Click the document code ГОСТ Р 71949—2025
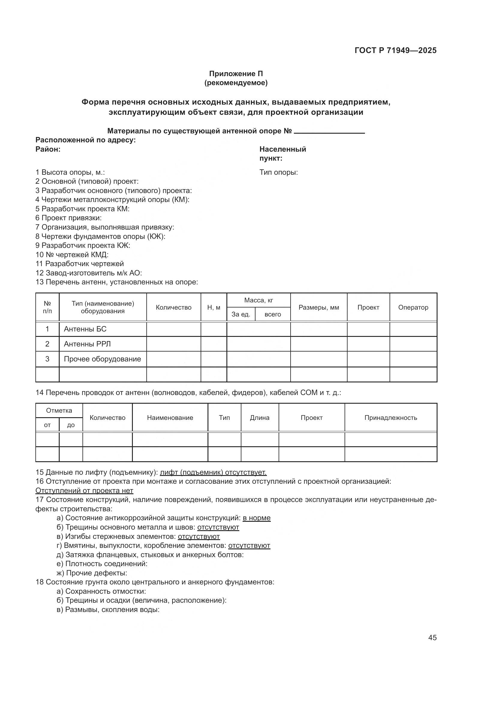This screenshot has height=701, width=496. click(x=396, y=50)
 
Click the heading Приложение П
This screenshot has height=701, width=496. click(x=236, y=74)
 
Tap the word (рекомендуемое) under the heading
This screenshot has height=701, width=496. click(x=236, y=83)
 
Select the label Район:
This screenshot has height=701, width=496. click(x=48, y=149)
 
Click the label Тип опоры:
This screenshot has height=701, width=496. click(x=279, y=173)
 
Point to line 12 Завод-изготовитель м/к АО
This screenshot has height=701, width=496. click(x=88, y=273)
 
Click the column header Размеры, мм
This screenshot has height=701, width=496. click(x=318, y=307)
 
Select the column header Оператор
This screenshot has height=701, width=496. click(x=413, y=307)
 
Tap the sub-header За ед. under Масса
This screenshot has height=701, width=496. click(x=241, y=314)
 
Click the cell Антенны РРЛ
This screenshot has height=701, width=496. click(x=87, y=344)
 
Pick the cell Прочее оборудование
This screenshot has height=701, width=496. click(x=102, y=359)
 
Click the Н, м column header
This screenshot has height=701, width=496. click(x=214, y=307)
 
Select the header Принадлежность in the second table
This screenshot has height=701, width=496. click(x=390, y=418)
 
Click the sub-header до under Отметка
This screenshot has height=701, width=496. click(x=70, y=425)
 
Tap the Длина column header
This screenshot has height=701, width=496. click(x=260, y=418)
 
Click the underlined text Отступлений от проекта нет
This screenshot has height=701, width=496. click(x=84, y=491)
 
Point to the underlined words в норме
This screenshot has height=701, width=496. click(x=257, y=518)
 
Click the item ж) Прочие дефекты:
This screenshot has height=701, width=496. click(x=92, y=573)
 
